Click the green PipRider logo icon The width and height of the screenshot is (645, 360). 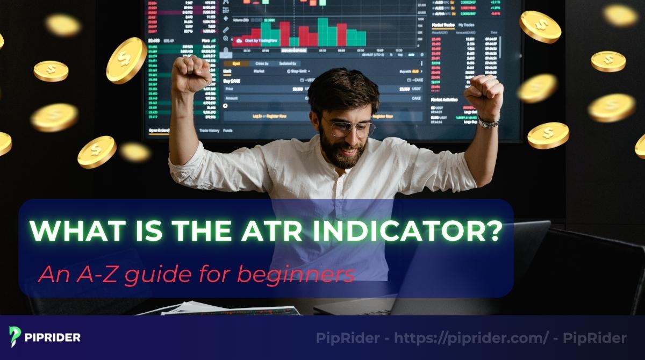point(15,337)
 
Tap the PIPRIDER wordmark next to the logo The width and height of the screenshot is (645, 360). point(53,337)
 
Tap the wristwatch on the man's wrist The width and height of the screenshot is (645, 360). point(489,123)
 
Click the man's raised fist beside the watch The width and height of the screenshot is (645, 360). point(483,94)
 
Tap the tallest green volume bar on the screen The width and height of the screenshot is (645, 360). point(322,32)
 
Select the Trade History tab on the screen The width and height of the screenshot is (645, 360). point(209,131)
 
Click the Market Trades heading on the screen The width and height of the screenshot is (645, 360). point(442,25)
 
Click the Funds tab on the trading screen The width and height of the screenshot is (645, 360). point(228,131)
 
